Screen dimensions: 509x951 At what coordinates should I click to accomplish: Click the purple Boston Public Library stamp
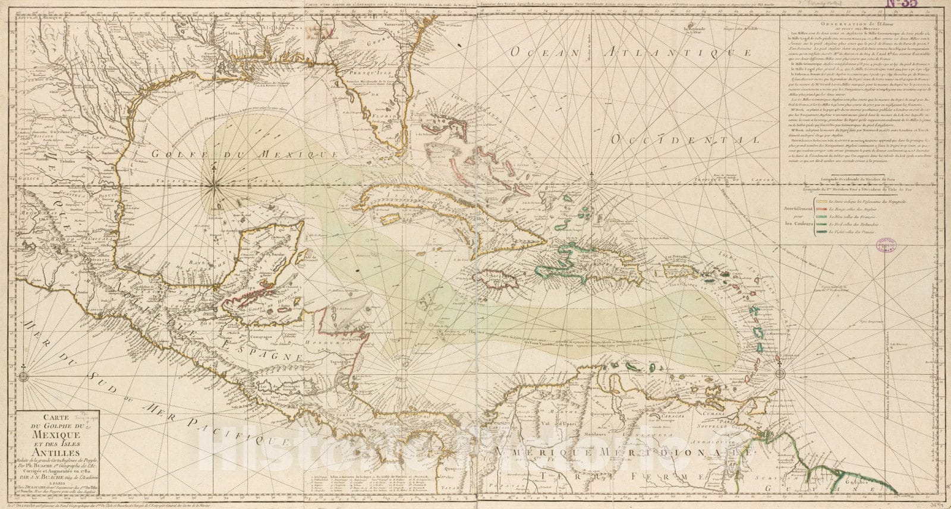(x=887, y=242)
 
